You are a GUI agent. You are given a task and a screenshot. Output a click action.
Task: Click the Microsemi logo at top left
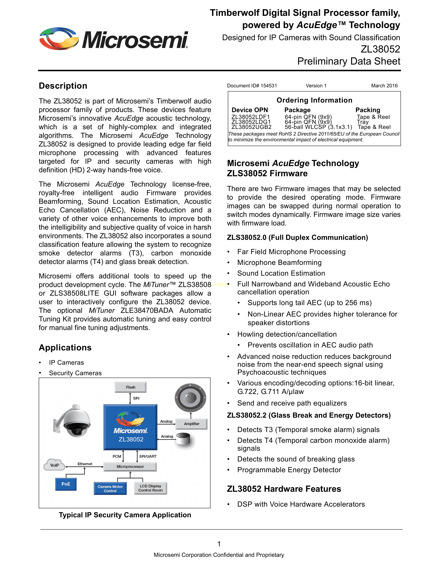click(x=113, y=39)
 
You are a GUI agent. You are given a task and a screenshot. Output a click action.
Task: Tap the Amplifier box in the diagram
click(x=191, y=424)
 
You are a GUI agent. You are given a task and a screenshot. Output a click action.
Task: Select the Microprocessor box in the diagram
click(x=130, y=467)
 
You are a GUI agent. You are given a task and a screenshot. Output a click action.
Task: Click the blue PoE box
click(x=66, y=484)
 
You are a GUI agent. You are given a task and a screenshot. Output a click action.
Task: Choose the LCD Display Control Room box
click(x=150, y=488)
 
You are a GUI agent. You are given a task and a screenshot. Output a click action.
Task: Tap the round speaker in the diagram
click(x=190, y=398)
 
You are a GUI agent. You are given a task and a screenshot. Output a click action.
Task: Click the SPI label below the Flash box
click(x=136, y=398)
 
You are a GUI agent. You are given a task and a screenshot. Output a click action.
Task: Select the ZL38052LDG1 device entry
click(x=251, y=122)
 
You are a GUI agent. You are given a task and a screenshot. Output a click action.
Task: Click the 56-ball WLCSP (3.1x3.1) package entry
click(x=318, y=127)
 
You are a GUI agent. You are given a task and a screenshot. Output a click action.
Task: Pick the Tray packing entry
click(x=363, y=122)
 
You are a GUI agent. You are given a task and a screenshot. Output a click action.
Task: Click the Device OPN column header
click(x=250, y=110)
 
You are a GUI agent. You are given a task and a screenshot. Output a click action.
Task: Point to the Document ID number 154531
click(x=269, y=86)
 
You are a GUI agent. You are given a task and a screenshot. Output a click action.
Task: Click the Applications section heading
click(x=65, y=348)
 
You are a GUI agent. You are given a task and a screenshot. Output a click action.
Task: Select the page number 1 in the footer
click(x=219, y=544)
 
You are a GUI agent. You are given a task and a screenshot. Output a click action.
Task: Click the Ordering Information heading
click(x=314, y=100)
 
